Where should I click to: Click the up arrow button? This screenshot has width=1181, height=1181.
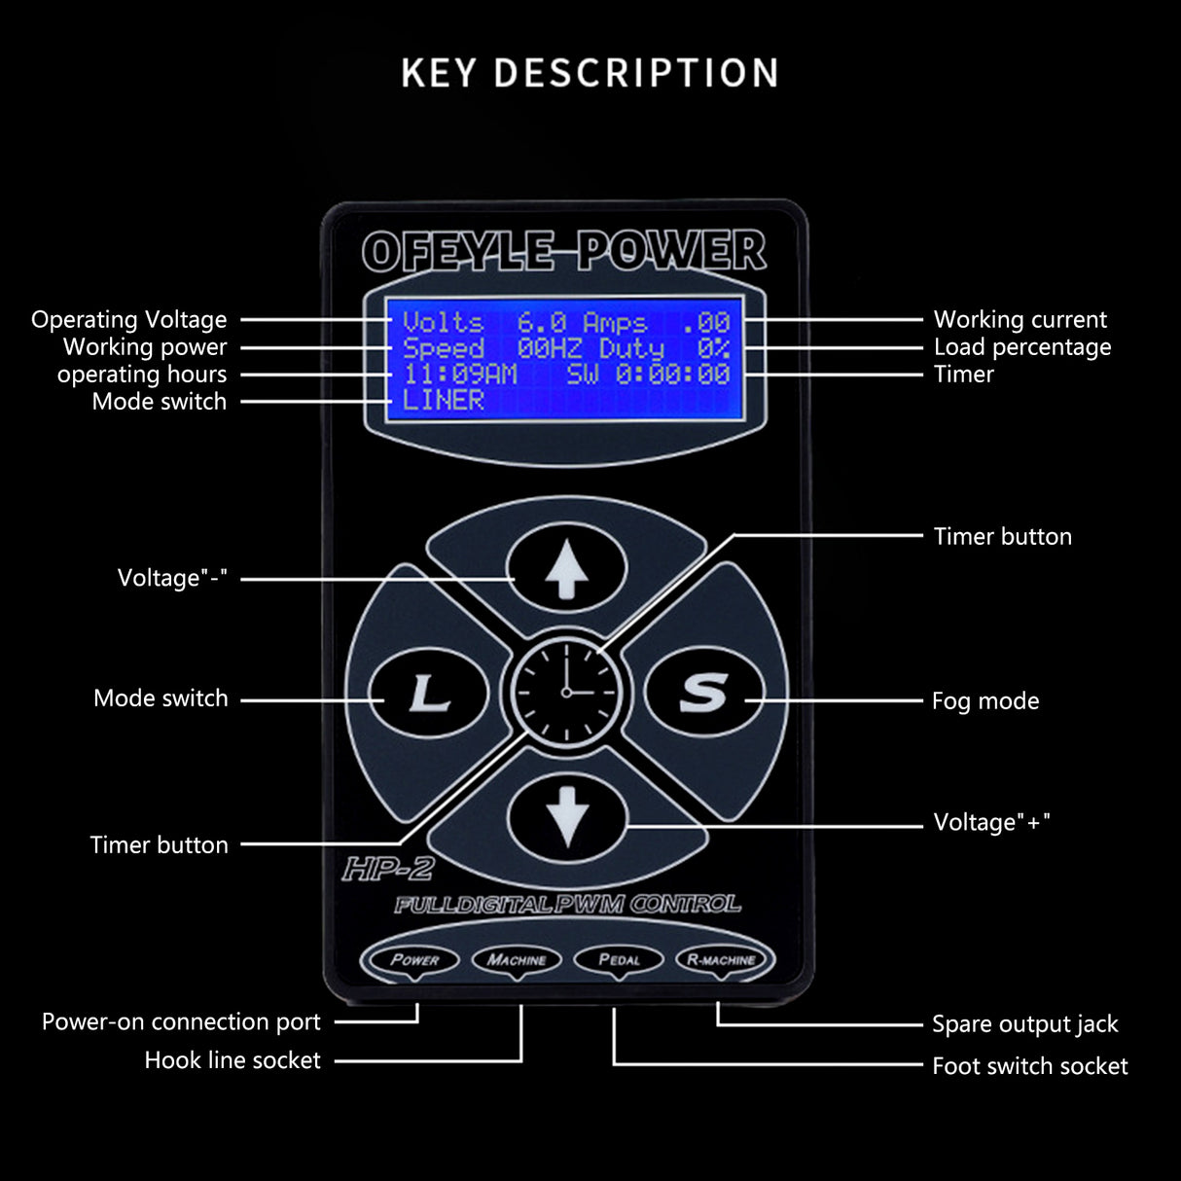pos(566,569)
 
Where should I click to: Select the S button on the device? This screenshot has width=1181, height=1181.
pos(703,693)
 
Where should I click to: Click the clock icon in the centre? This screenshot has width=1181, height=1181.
pos(566,692)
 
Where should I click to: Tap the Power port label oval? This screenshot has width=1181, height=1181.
pos(415,959)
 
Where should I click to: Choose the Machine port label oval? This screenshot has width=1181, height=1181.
pos(517,959)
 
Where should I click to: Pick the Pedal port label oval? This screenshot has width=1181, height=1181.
pos(619,959)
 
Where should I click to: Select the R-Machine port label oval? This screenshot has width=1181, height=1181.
pos(721,959)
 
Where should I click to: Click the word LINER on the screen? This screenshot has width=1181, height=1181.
pos(444,400)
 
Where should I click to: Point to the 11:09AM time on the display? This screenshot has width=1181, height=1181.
pos(459,375)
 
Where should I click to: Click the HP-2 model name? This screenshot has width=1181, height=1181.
pos(387,869)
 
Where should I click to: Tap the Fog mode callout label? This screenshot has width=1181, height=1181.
pos(984,700)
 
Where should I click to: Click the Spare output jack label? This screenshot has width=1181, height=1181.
pos(1024,1023)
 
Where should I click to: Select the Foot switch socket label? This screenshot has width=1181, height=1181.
pos(1029,1066)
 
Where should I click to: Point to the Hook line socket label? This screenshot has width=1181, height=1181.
pos(232,1060)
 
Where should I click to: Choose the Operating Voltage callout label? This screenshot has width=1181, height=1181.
pos(128,319)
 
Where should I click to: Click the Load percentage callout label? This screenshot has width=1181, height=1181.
pos(1021,347)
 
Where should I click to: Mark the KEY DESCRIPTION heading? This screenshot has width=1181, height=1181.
pos(590,73)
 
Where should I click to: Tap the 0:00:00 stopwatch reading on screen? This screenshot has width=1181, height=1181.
pos(672,375)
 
